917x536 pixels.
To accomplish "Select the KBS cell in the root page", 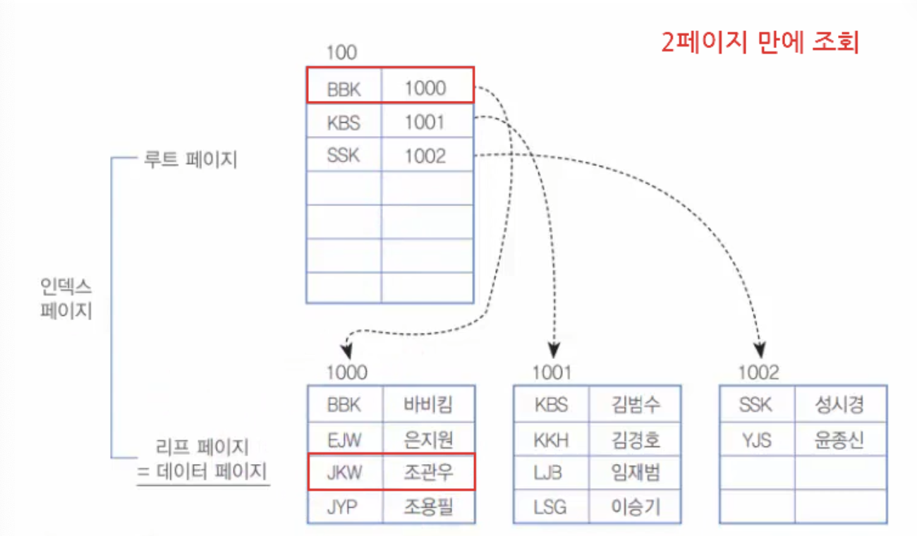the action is pos(344,122).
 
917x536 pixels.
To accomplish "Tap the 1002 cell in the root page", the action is pos(425,156).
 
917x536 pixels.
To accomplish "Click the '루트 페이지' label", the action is pos(190,160).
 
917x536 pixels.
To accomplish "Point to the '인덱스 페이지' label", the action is pos(66,298).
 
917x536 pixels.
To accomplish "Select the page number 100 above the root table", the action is pos(341,52).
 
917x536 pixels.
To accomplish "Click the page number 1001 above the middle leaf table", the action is pos(552,372).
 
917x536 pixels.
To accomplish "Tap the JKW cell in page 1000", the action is pos(344,472).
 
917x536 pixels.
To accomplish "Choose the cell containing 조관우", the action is pos(428,472).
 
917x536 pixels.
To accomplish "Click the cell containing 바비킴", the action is pos(428,405).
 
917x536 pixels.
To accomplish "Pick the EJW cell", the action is pos(344,439).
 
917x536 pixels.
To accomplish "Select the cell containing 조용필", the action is pos(428,506).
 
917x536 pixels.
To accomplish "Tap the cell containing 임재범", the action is pos(635,472).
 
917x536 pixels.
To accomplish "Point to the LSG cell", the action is pos(551,506).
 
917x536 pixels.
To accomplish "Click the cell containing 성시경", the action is pos(839,405).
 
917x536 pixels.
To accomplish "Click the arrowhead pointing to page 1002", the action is pos(760,350).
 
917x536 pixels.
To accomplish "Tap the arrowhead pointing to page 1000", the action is pos(346,351).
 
